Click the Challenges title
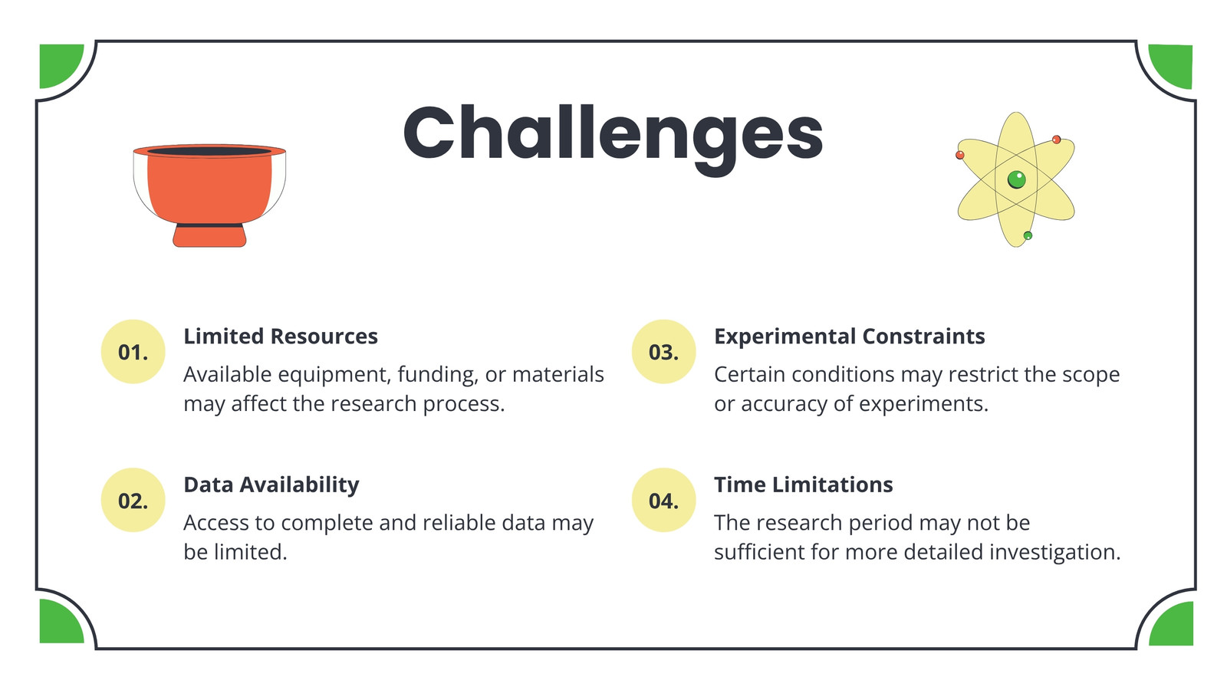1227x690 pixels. (x=613, y=137)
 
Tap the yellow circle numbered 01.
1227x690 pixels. (x=133, y=352)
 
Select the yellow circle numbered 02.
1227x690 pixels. (x=133, y=500)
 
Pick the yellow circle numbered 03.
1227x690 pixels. (x=664, y=352)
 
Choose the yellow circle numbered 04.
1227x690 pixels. (x=664, y=500)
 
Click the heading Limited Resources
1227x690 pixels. (x=281, y=337)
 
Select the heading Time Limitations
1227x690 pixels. (x=804, y=485)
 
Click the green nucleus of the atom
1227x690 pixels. (x=1017, y=179)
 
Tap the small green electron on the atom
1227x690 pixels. (x=1028, y=235)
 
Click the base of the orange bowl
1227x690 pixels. (x=209, y=235)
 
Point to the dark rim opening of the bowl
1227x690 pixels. (x=209, y=150)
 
